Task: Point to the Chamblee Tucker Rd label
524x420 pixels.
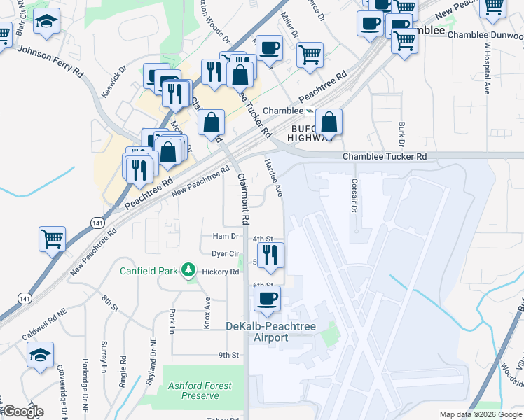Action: [385, 157]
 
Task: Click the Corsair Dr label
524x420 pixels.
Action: [354, 195]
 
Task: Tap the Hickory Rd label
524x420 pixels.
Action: [220, 272]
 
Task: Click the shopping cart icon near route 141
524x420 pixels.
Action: [53, 239]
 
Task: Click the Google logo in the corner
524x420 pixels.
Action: [22, 412]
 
